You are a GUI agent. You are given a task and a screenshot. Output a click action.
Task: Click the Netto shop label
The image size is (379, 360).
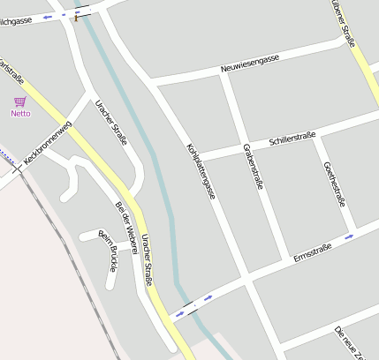click(x=20, y=113)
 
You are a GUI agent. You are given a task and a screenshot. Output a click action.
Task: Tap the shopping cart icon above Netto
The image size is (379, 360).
click(x=19, y=101)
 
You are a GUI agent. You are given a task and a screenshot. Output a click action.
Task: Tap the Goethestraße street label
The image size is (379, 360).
click(x=335, y=184)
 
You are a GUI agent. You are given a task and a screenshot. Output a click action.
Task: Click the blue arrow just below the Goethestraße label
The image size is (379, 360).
click(x=350, y=236)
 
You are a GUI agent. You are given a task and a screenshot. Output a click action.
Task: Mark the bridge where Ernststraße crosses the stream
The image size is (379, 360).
click(x=186, y=308)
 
